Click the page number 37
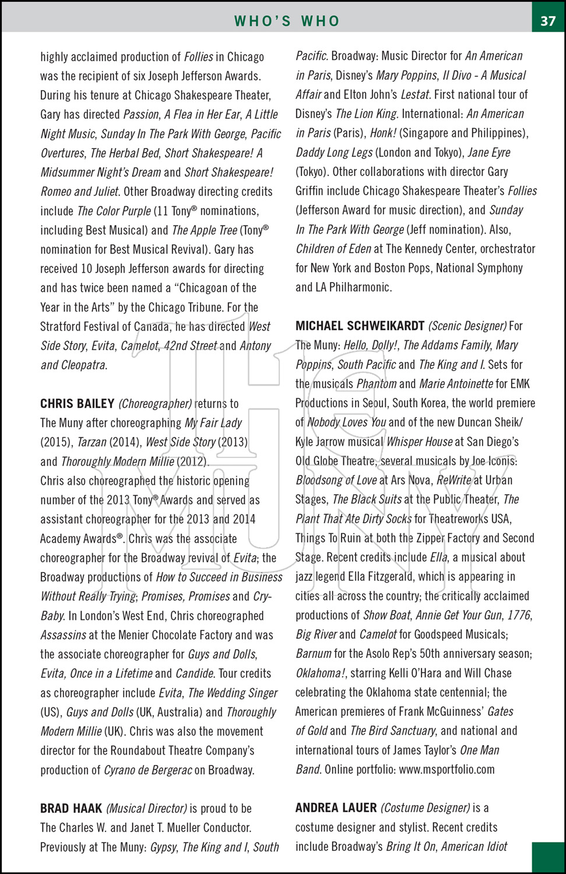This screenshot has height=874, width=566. point(548,21)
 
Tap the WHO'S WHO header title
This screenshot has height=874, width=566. point(287,21)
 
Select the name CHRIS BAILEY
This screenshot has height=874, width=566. point(77,404)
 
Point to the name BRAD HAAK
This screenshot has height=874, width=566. point(71,809)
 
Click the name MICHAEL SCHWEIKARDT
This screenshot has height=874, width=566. point(360,326)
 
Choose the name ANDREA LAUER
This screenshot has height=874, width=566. point(336,808)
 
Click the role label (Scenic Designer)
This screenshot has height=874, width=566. point(467,326)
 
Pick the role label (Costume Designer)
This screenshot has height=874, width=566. point(425,808)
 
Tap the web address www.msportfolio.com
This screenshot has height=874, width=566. point(447,770)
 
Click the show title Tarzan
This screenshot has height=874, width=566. point(92,442)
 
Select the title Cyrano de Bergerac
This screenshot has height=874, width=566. point(147,770)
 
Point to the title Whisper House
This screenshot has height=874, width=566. point(419,442)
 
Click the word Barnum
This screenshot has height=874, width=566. point(313,654)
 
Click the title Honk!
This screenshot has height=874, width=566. point(382,133)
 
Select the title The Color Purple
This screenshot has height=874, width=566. point(114,211)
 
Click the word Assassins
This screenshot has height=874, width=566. point(62,635)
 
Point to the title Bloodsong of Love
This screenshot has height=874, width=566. point(336,481)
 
